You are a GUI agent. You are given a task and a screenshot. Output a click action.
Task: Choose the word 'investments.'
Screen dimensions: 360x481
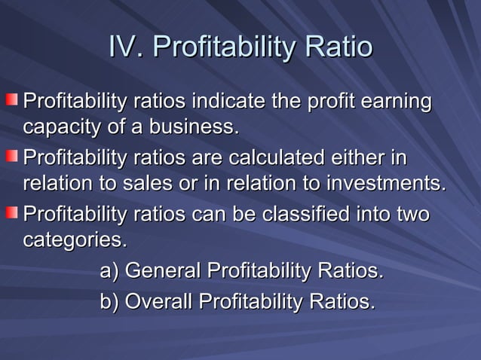point(388,185)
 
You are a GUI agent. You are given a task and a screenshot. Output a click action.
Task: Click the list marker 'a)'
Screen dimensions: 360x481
point(110,271)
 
